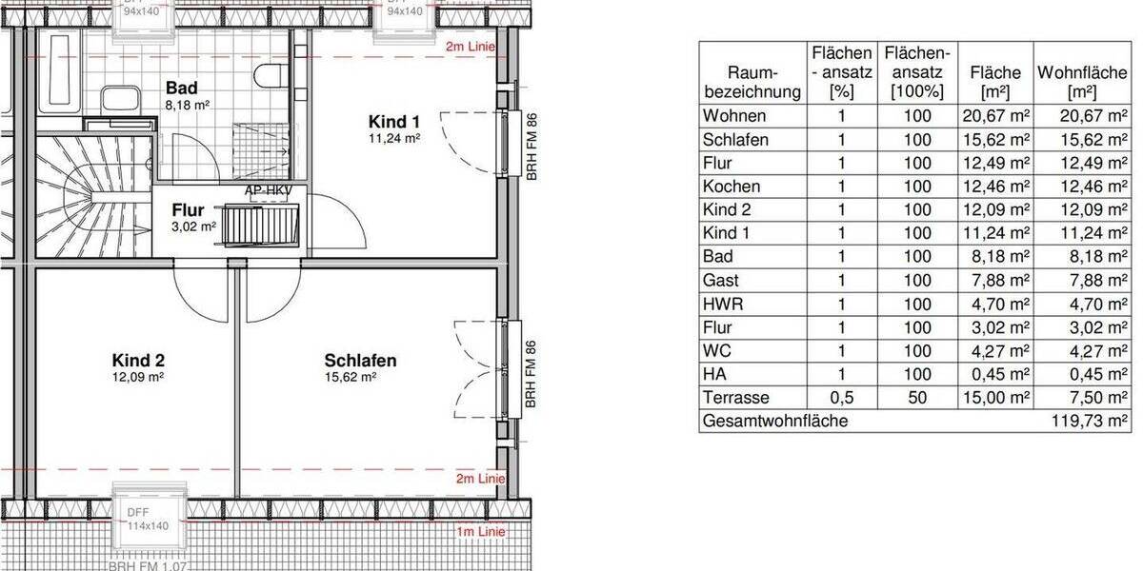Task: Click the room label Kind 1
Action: (x=393, y=122)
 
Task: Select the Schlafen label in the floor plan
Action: (x=360, y=361)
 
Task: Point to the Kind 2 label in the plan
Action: (x=138, y=361)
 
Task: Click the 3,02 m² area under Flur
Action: (x=194, y=226)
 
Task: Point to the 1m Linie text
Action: (x=479, y=531)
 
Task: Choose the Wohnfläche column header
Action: (x=1083, y=82)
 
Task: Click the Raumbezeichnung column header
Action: (x=752, y=82)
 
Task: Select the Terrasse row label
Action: (x=735, y=398)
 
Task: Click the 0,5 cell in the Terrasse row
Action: (x=840, y=398)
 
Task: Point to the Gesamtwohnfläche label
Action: (x=774, y=421)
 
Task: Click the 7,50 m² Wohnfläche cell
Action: (x=1095, y=398)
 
